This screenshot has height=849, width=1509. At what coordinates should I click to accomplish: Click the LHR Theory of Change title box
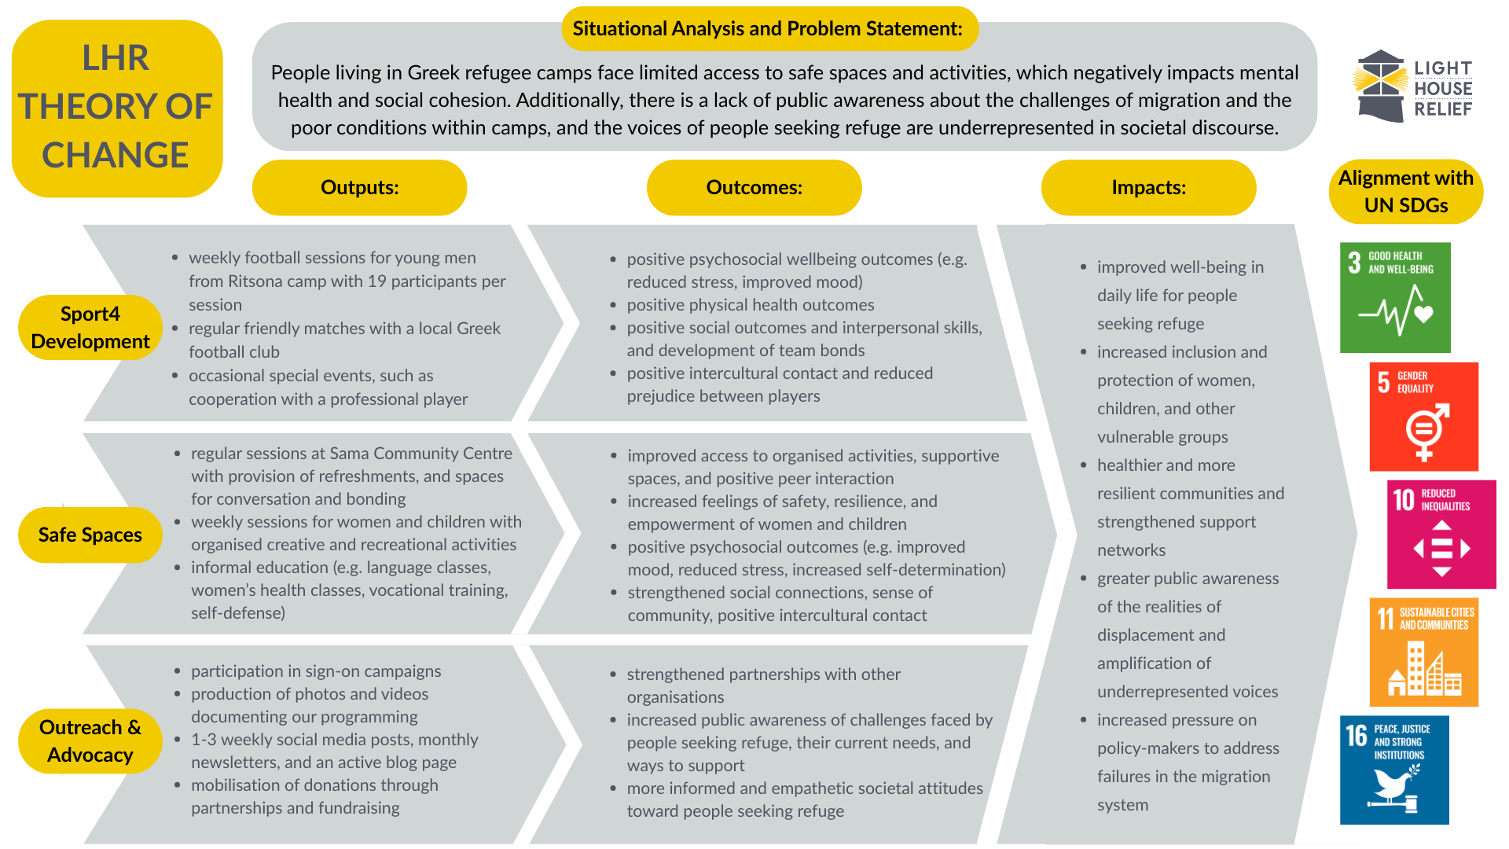pos(116,108)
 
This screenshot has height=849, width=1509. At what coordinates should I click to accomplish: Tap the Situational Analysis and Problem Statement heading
pos(767,29)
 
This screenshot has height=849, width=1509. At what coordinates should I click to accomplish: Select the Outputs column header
pos(359,188)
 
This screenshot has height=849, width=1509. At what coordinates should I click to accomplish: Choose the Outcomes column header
pos(754,188)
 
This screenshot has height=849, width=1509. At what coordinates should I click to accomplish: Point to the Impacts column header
pos(1148,188)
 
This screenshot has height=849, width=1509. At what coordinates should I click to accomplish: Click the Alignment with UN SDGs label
pos(1405,192)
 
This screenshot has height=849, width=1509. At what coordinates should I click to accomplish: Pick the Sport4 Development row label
pos(90,328)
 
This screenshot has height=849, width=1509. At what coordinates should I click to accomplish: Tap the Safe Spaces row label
pos(90,535)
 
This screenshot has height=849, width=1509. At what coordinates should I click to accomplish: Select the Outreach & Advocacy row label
pos(90,741)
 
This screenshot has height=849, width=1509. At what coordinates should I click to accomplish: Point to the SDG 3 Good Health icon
pos(1395,297)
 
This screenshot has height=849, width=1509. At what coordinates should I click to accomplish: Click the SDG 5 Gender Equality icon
pos(1423,417)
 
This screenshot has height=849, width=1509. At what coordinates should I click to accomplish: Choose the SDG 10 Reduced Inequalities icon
pos(1441,535)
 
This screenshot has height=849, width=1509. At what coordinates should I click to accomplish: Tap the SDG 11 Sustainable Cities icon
pos(1423,652)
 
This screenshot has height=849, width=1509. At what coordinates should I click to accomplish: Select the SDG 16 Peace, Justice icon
pos(1394,770)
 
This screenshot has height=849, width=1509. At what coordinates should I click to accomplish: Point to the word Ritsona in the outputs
pos(255,281)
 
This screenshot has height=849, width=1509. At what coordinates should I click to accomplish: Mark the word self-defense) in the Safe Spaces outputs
pos(238,613)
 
